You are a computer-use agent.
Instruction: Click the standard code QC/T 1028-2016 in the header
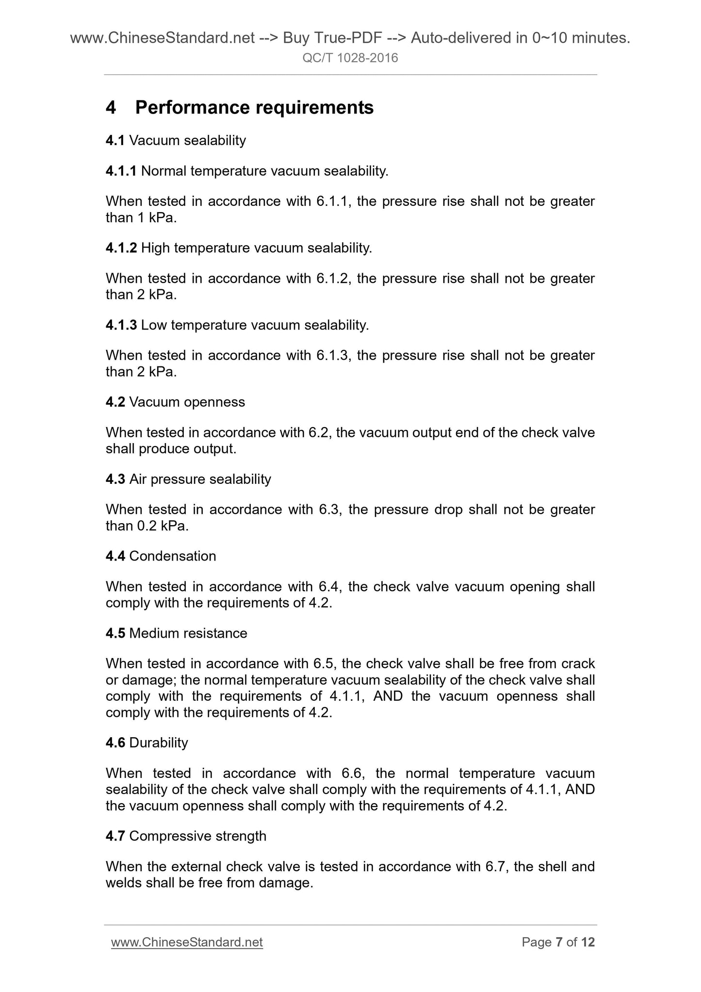[x=350, y=58]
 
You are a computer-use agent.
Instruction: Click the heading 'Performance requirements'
[x=254, y=107]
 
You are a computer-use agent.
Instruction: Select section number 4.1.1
[x=121, y=171]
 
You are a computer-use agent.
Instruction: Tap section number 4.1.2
[x=121, y=248]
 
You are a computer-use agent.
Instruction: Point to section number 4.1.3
[x=121, y=325]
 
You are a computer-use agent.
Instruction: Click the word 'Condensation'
[x=173, y=556]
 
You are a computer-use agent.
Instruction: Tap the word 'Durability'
[x=159, y=743]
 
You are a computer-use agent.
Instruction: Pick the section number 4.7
[x=115, y=836]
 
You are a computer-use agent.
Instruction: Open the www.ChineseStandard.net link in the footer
[x=187, y=942]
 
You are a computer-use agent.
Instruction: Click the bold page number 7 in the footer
[x=559, y=942]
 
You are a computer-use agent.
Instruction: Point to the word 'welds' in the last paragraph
[x=124, y=882]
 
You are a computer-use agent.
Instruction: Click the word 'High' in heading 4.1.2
[x=155, y=248]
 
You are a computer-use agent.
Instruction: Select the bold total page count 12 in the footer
[x=588, y=942]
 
